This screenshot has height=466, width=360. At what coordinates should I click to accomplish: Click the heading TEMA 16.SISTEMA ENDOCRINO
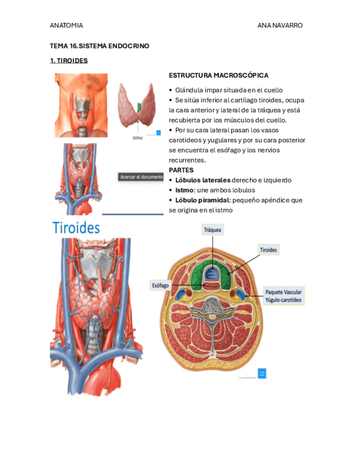(x=99, y=46)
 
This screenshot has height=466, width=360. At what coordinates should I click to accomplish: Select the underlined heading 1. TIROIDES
(x=69, y=60)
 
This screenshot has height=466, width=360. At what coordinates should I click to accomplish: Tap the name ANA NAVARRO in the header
(x=280, y=25)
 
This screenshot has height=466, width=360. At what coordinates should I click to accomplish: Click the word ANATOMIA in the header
(x=67, y=25)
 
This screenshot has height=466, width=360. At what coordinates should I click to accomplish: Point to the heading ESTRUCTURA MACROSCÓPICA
(x=219, y=75)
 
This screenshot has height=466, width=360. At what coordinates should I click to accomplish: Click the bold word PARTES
(x=181, y=170)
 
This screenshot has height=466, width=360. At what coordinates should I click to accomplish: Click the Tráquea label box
(x=212, y=230)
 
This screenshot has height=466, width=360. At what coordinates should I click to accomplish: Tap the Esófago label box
(x=160, y=285)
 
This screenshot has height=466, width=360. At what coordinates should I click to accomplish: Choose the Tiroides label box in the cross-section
(x=269, y=250)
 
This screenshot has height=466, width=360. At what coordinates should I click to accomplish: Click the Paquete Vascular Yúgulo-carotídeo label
(x=284, y=296)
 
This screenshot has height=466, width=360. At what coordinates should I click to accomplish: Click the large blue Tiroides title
(x=76, y=228)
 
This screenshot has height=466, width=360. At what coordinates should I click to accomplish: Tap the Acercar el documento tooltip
(x=142, y=177)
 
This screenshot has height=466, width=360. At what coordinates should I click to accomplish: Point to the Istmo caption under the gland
(x=137, y=138)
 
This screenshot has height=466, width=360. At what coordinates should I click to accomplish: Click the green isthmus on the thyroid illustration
(x=140, y=107)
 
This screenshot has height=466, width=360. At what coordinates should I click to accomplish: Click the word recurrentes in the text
(x=187, y=160)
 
